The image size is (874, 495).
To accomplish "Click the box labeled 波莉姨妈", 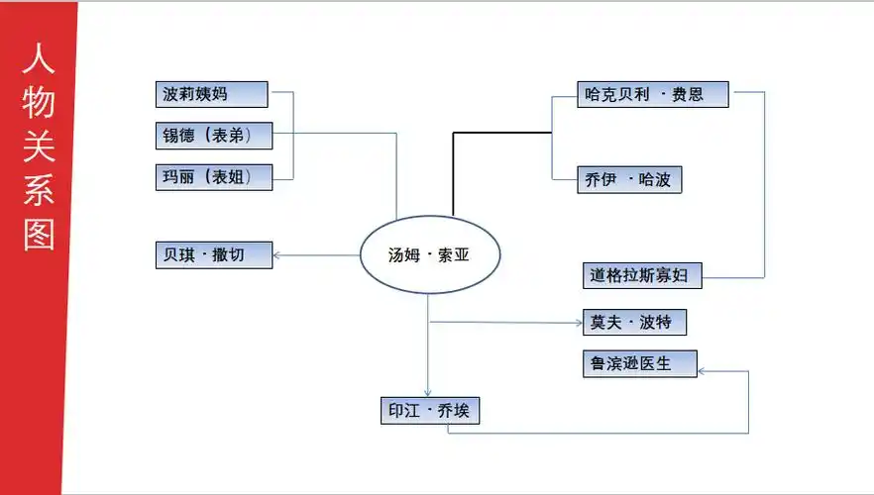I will (x=212, y=94).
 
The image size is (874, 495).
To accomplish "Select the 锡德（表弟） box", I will (x=214, y=136).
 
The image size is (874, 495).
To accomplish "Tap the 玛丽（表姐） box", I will (x=213, y=177).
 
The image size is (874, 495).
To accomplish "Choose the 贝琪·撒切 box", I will (x=213, y=254).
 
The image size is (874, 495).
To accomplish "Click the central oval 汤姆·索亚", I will (x=429, y=254).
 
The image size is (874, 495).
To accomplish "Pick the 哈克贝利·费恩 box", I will (x=653, y=94).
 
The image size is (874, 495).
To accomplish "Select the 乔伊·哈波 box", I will (x=629, y=179).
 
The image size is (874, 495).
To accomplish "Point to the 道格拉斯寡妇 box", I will (x=643, y=274).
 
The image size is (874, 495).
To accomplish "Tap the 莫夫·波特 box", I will (x=634, y=322).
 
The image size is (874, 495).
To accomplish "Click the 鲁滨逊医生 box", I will (x=640, y=363).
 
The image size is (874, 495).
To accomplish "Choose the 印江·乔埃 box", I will (x=429, y=410).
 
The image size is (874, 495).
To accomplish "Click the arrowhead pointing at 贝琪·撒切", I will (x=278, y=255).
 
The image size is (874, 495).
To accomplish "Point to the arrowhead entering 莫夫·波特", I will (x=578, y=322).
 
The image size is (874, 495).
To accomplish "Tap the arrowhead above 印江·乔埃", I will (x=428, y=392).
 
